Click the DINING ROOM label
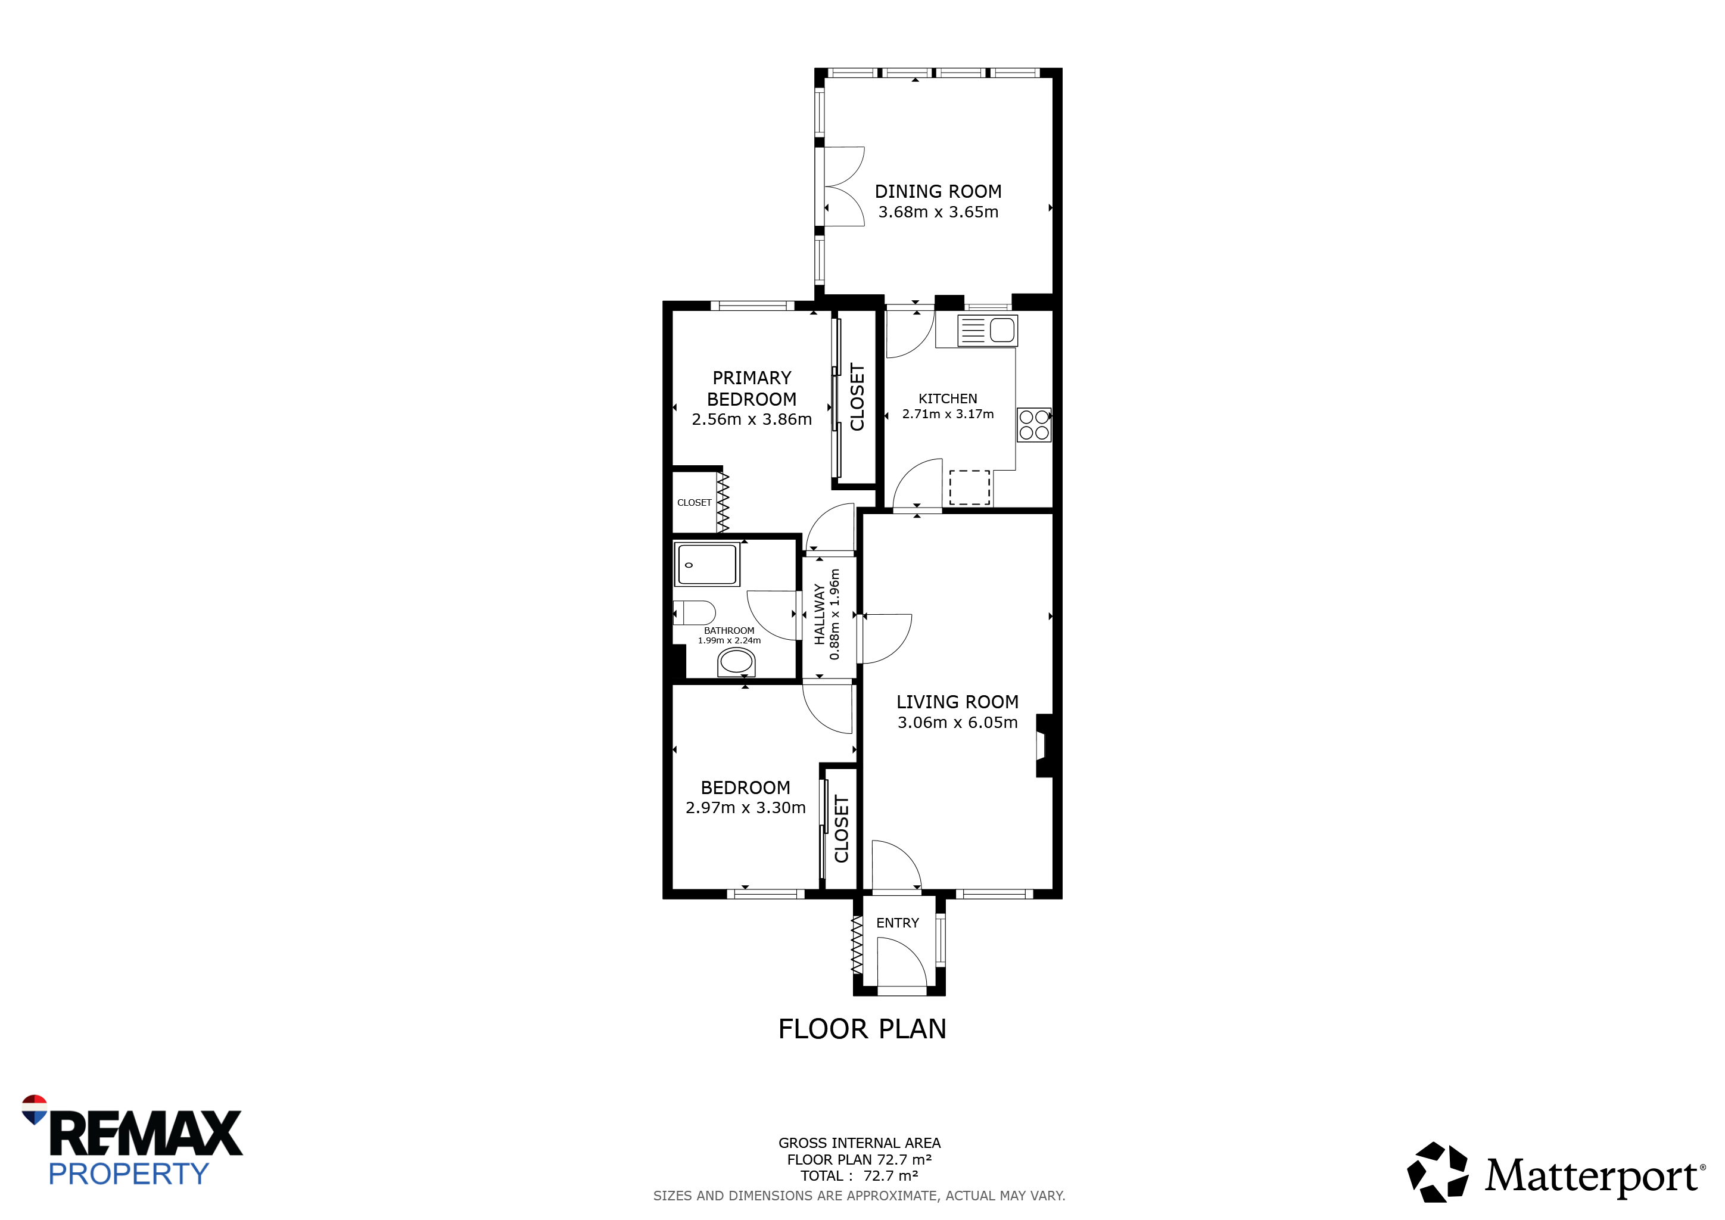[x=938, y=192]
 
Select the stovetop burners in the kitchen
[x=1034, y=425]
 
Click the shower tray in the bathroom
[x=707, y=564]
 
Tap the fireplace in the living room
[x=1044, y=745]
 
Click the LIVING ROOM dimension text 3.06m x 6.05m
[x=957, y=722]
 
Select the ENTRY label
[x=897, y=923]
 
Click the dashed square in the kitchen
[x=969, y=487]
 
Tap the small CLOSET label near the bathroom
[x=694, y=503]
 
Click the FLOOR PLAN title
[x=862, y=1028]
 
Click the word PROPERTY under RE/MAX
[x=129, y=1174]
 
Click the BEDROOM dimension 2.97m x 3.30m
[x=745, y=808]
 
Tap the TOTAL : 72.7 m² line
[x=860, y=1176]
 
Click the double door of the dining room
[x=843, y=186]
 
